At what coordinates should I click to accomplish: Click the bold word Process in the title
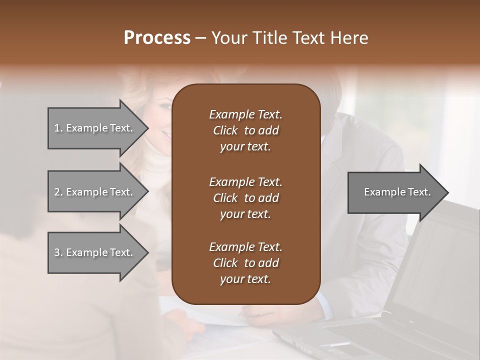[157, 38]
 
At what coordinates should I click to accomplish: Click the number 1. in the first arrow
[58, 128]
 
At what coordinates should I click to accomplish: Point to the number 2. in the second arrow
[58, 192]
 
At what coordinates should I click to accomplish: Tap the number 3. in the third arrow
[58, 252]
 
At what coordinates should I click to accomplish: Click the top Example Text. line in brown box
[245, 114]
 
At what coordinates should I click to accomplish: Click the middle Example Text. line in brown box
[245, 181]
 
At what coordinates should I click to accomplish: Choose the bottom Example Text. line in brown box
[245, 247]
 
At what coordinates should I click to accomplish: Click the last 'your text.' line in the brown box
[245, 279]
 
